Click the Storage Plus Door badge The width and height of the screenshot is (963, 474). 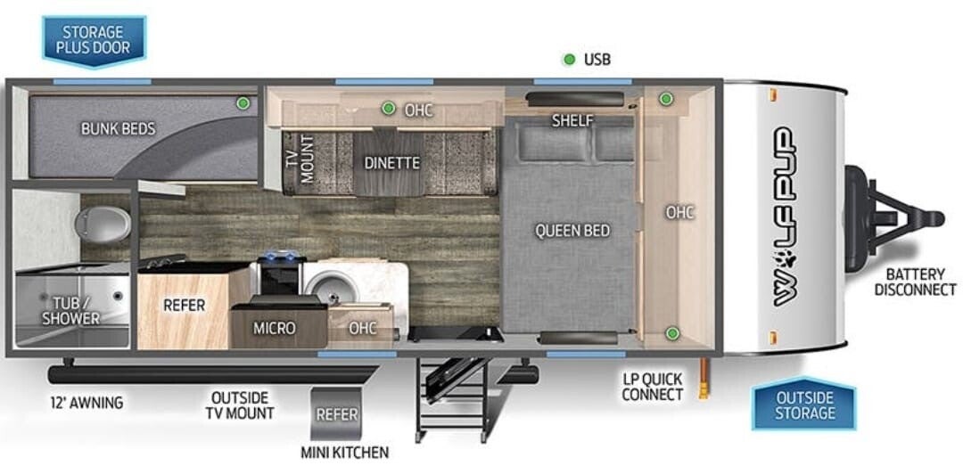[94, 39]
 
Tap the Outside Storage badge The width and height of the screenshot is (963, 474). [804, 405]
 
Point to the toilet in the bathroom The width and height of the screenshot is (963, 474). [103, 224]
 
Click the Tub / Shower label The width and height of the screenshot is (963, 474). [76, 310]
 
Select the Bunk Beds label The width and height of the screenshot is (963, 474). [118, 128]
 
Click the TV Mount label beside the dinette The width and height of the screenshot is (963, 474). [300, 159]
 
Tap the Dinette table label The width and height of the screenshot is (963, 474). [391, 163]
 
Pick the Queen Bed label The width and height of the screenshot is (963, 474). [572, 231]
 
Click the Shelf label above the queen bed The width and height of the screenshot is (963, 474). [572, 120]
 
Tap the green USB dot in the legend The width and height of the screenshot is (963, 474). [569, 60]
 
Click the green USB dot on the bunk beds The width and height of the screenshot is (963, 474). [243, 103]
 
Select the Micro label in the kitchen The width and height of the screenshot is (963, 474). [275, 329]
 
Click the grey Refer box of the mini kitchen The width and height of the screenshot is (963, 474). [336, 413]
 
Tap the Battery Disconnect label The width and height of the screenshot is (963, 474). [915, 282]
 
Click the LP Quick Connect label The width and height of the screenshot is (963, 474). [652, 387]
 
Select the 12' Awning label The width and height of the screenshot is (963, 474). [86, 404]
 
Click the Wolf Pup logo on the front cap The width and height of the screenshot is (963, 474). [784, 217]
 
